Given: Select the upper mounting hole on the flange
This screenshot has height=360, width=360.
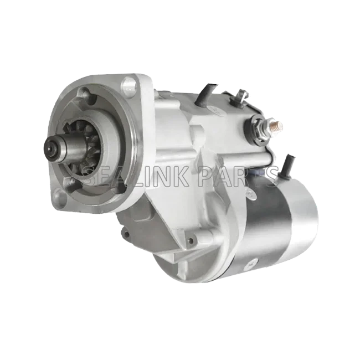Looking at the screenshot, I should (x=128, y=85).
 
